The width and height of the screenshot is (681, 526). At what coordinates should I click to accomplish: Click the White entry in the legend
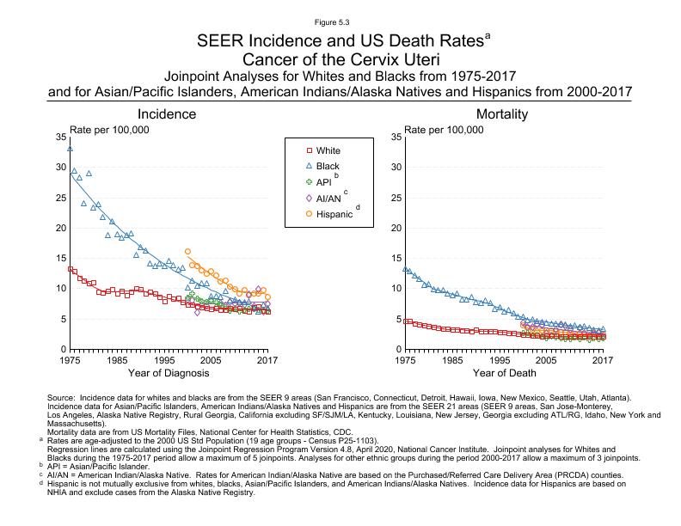click(328, 150)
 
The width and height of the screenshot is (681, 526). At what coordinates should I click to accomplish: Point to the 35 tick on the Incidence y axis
click(58, 137)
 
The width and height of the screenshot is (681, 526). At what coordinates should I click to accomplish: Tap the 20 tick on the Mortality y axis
click(394, 228)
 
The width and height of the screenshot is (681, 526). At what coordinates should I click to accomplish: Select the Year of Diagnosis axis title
click(169, 373)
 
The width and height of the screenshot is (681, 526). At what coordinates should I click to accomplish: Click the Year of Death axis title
click(504, 373)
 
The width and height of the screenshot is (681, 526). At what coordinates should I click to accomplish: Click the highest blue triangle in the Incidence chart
click(70, 149)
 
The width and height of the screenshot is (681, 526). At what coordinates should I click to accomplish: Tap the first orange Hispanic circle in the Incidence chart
click(187, 251)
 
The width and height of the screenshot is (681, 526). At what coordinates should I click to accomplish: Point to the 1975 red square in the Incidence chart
click(70, 269)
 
